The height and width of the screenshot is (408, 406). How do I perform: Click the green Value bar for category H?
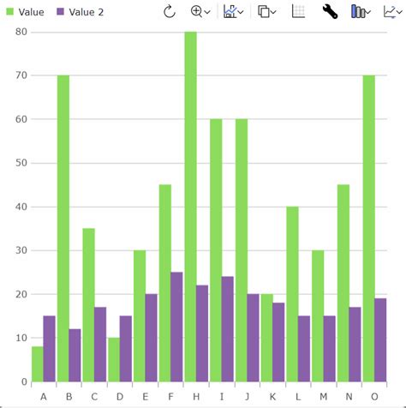tap(190, 206)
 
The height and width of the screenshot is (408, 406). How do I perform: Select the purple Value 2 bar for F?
tap(176, 327)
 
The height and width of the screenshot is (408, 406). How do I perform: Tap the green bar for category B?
tap(63, 228)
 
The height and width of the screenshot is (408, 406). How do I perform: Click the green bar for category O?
tap(368, 228)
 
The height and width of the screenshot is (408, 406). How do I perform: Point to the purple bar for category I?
tap(228, 329)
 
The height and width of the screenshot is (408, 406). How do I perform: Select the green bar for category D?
tap(114, 360)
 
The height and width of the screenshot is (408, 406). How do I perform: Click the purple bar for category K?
tap(278, 342)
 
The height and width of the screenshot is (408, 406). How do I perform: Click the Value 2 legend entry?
tap(87, 12)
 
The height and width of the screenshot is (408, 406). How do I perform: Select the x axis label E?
tap(145, 395)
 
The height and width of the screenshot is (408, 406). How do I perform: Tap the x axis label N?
tap(349, 395)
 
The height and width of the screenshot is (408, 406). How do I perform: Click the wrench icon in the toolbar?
tap(330, 12)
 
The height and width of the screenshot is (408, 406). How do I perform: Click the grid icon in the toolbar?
tap(298, 12)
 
